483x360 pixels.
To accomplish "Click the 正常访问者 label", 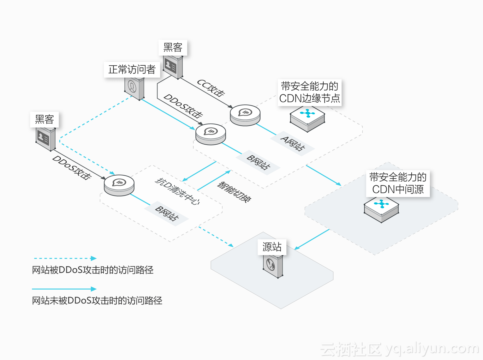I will click(132, 69).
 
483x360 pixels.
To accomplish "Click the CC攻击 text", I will click(211, 87).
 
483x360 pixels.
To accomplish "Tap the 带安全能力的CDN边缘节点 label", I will click(309, 92).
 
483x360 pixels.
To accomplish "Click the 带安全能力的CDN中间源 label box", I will click(398, 183).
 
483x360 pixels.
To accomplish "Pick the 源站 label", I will click(272, 247).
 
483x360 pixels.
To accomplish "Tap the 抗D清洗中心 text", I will click(177, 191).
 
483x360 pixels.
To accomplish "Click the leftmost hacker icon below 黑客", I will click(45, 139).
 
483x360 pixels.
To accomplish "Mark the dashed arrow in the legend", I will click(65, 258).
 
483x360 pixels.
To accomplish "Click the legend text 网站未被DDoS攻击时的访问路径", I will click(97, 300).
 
